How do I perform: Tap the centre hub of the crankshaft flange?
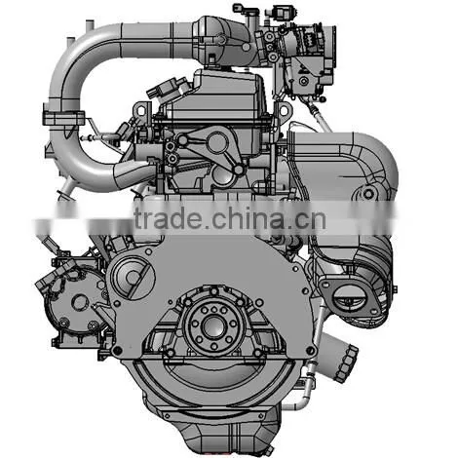coord(213,325)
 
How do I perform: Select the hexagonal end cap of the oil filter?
coord(347,363)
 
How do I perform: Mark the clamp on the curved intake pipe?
coord(63,118)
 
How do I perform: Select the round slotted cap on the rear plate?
coord(133,277)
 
